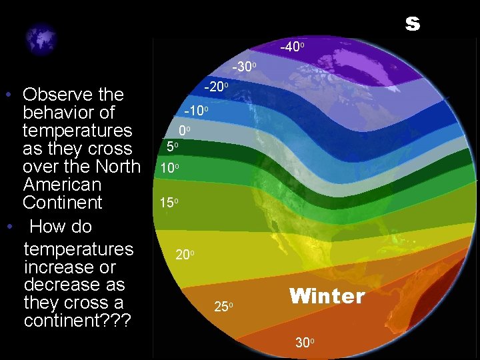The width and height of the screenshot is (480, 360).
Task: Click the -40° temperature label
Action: pyautogui.click(x=292, y=48)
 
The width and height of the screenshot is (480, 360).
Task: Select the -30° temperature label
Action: pyautogui.click(x=244, y=67)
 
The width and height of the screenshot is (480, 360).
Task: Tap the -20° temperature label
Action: pyautogui.click(x=216, y=87)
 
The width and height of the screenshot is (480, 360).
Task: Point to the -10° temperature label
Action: pyautogui.click(x=196, y=110)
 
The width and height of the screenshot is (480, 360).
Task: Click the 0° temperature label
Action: pyautogui.click(x=185, y=131)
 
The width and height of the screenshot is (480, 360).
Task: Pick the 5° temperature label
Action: pyautogui.click(x=172, y=146)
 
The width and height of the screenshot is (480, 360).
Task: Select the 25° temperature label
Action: pyautogui.click(x=223, y=307)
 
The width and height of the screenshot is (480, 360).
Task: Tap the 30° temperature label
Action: pyautogui.click(x=303, y=343)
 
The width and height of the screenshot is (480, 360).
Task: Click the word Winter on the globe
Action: pyautogui.click(x=327, y=296)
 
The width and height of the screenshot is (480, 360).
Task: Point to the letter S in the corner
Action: pyautogui.click(x=413, y=25)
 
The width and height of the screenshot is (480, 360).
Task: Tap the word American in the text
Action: pyautogui.click(x=61, y=184)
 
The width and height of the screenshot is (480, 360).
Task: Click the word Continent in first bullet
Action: pyautogui.click(x=62, y=202)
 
